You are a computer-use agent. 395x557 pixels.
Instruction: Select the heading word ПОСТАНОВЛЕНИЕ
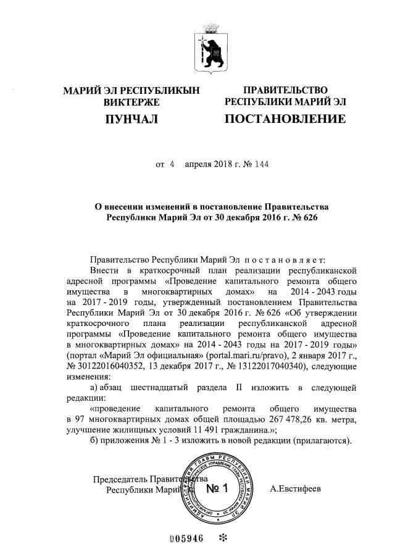point(285,119)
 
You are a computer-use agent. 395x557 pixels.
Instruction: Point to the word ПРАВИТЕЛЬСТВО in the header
point(285,91)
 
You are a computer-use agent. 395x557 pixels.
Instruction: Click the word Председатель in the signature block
point(121,479)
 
